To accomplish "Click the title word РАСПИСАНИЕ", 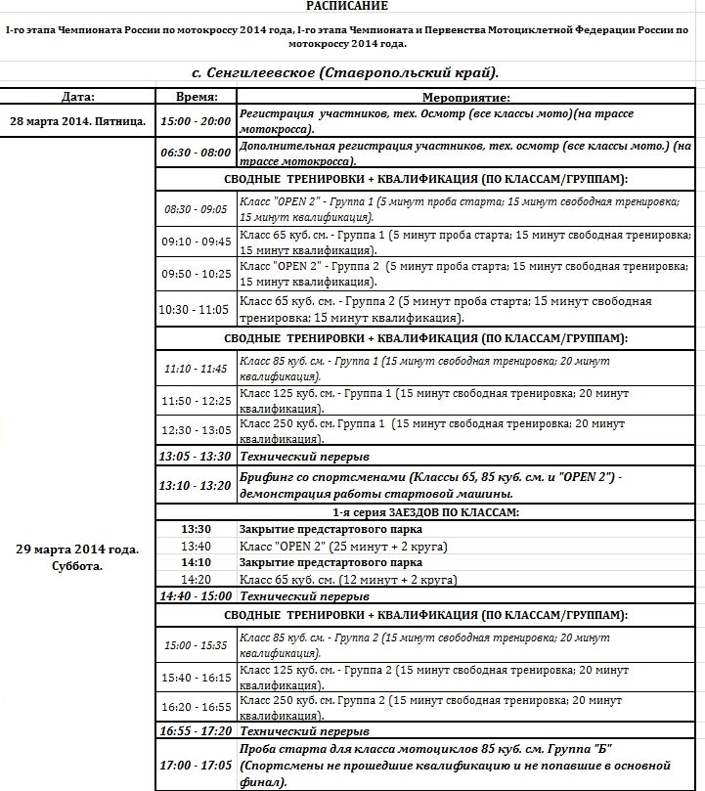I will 352,7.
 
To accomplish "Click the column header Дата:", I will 77,97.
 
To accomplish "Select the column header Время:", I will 197,97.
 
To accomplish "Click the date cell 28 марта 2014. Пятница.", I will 77,121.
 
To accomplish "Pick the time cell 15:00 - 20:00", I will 197,121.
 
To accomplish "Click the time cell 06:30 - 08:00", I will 197,153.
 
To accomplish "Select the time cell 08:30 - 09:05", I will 196,209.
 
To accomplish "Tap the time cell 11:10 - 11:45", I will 196,369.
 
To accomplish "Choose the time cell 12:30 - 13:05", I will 196,429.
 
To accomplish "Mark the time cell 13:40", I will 196,546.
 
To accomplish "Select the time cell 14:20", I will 196,579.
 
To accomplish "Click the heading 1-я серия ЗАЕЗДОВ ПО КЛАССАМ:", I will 425,511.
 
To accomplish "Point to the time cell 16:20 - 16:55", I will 196,706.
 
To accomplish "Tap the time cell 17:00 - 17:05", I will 197,766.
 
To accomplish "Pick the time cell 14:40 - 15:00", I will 197,595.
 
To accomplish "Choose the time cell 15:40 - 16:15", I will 196,677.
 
